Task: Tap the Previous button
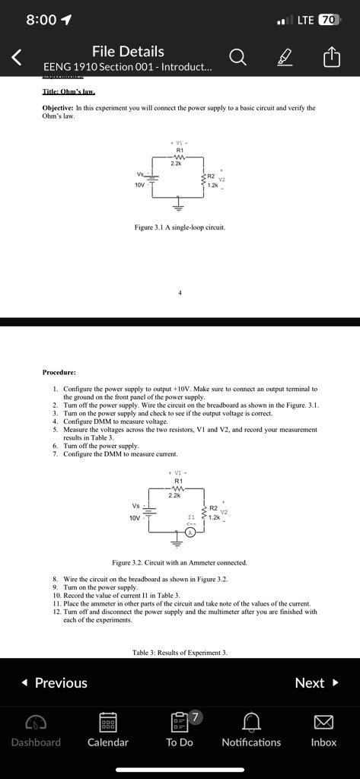pos(53,682)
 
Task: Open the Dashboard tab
pos(36,720)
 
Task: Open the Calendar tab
pos(107,720)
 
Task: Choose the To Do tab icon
pos(180,720)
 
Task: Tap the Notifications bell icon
pos(251,720)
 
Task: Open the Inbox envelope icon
pos(323,720)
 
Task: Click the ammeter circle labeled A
pos(192,533)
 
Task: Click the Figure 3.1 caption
pos(180,227)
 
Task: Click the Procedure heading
pos(59,372)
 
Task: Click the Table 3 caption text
pos(180,653)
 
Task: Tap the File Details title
pos(128,51)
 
